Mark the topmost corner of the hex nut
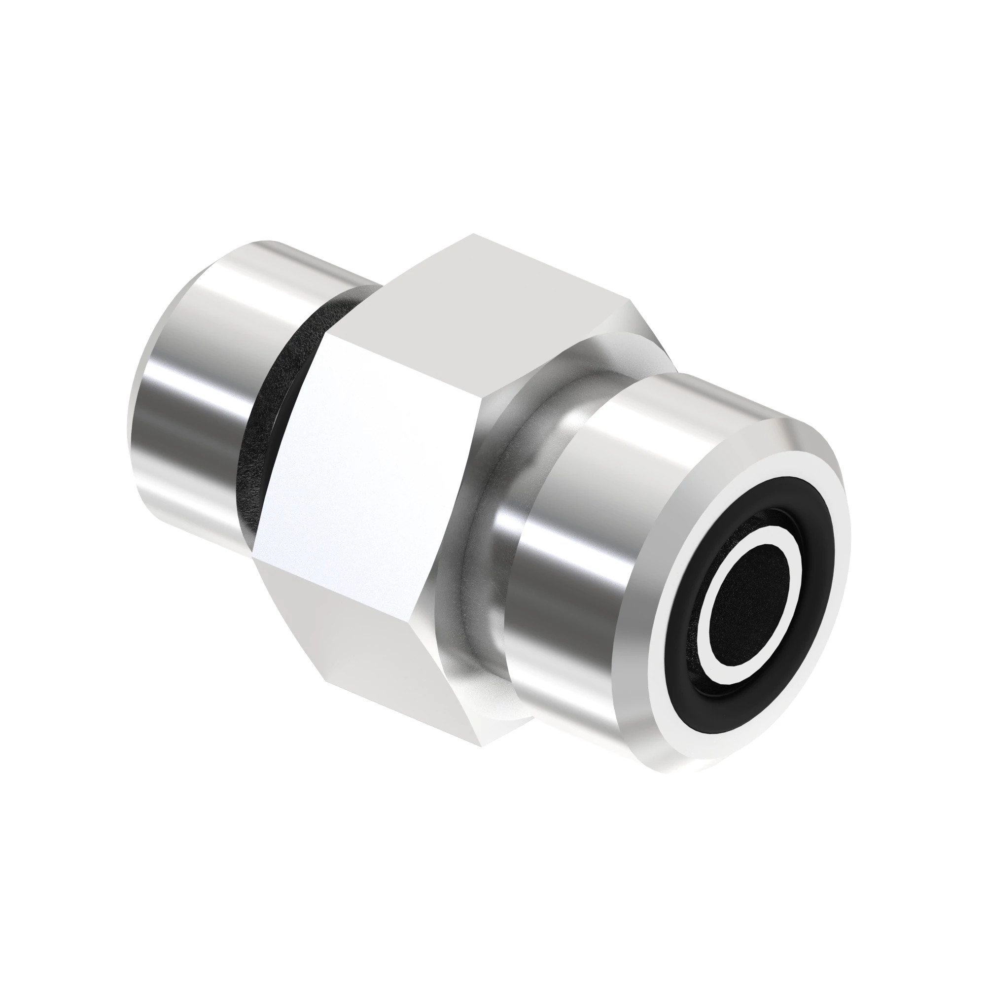[x=474, y=235]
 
